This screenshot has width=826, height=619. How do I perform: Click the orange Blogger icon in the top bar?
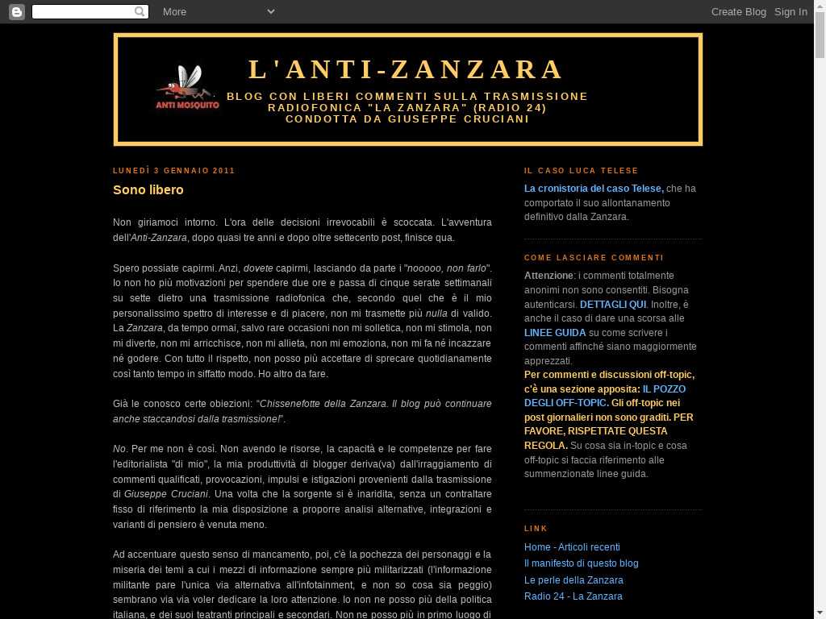(x=16, y=11)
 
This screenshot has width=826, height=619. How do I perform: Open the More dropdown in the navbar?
(x=218, y=11)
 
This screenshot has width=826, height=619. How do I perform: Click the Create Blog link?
(x=738, y=11)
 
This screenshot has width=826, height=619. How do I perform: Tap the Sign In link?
(x=791, y=11)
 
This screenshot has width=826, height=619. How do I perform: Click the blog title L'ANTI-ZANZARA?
(x=407, y=69)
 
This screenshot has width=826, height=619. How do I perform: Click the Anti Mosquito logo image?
(x=187, y=88)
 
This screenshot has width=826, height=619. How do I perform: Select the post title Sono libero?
(x=148, y=190)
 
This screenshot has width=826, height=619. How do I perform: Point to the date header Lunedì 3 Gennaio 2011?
(x=174, y=171)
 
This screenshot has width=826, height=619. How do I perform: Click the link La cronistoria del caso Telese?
(x=594, y=189)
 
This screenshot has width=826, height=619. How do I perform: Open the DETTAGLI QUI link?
(x=613, y=305)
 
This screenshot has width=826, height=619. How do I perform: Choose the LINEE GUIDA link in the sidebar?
(x=555, y=333)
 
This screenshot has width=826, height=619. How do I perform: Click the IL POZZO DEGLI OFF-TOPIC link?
(x=605, y=396)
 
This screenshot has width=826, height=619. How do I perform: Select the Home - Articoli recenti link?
(x=572, y=547)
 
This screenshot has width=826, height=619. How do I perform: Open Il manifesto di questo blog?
(x=581, y=563)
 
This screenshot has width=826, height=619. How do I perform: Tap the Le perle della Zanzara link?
(x=574, y=580)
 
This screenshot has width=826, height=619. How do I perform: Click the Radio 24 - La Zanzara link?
(x=573, y=596)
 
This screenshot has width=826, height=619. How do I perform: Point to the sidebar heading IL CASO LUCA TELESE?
(x=581, y=171)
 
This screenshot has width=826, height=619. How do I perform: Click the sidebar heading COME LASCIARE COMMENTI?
(x=594, y=258)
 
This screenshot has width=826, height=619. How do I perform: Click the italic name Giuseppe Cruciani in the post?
(x=166, y=494)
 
